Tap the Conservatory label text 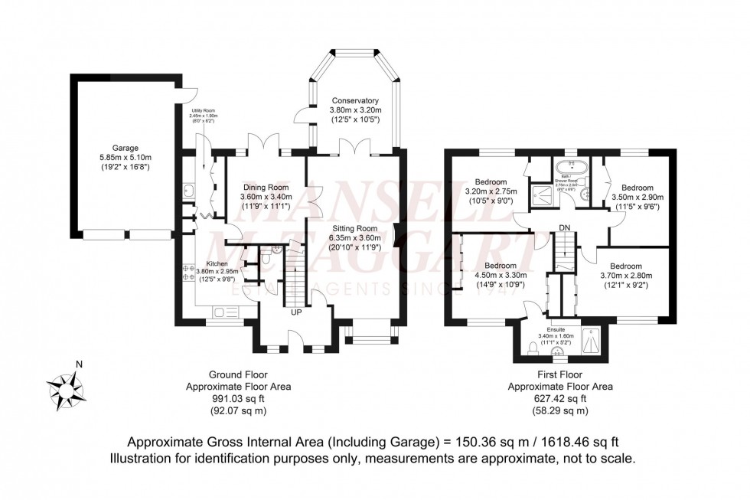pyautogui.click(x=355, y=100)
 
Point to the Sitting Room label pyautogui.click(x=355, y=227)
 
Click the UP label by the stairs pyautogui.click(x=295, y=312)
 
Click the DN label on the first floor pyautogui.click(x=566, y=227)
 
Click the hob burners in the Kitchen pyautogui.click(x=187, y=273)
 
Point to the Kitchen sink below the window pyautogui.click(x=227, y=312)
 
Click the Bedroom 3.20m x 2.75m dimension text pyautogui.click(x=491, y=191)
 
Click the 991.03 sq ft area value pyautogui.click(x=238, y=399)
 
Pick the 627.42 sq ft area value pyautogui.click(x=560, y=399)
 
